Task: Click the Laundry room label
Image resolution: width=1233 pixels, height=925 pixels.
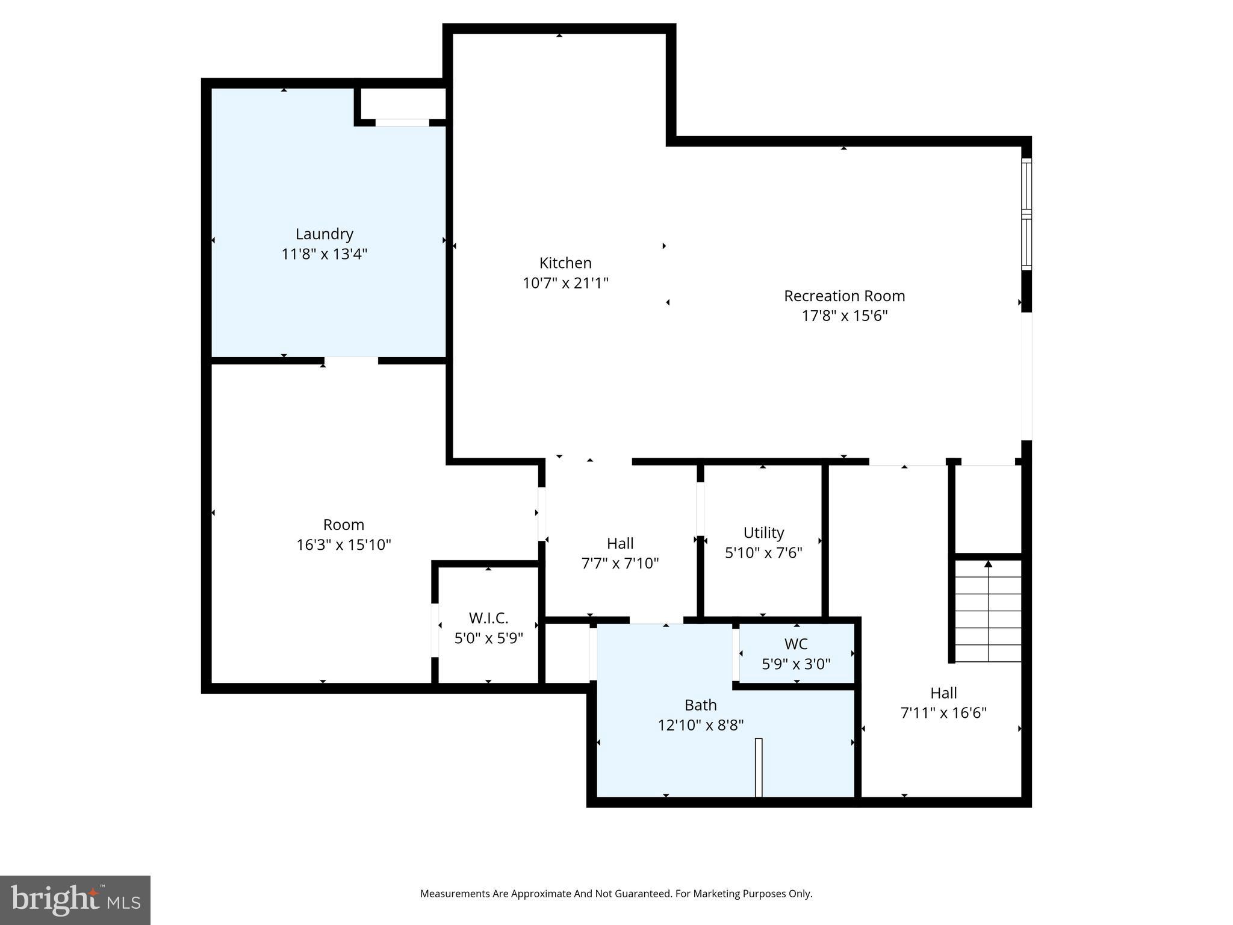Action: [x=324, y=234]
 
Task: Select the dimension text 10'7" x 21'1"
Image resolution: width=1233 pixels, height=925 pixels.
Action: [x=565, y=283]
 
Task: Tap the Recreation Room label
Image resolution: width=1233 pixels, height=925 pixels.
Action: [x=844, y=296]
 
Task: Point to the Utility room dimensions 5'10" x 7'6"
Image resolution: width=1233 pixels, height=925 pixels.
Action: [x=763, y=553]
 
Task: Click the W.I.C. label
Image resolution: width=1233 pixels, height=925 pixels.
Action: [x=488, y=618]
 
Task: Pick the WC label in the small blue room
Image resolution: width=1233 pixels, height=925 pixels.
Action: [x=795, y=644]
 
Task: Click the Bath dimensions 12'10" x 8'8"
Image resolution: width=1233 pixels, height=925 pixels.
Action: [x=700, y=725]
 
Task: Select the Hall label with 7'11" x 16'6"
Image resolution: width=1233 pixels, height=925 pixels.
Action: [x=943, y=693]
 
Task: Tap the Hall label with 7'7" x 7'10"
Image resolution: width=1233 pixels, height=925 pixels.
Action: [x=620, y=543]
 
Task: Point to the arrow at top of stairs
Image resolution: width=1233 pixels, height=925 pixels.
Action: [x=988, y=564]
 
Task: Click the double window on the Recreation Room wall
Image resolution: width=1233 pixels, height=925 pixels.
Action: [x=1026, y=214]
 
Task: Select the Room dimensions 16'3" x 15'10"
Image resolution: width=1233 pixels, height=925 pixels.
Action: [x=343, y=545]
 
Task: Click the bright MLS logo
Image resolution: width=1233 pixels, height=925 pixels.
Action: [x=75, y=900]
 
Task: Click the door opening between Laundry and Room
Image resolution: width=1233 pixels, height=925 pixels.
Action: [x=351, y=361]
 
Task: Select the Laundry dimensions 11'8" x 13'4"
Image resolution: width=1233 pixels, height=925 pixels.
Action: [x=324, y=254]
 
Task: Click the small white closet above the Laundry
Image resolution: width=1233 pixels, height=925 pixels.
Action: [x=402, y=104]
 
